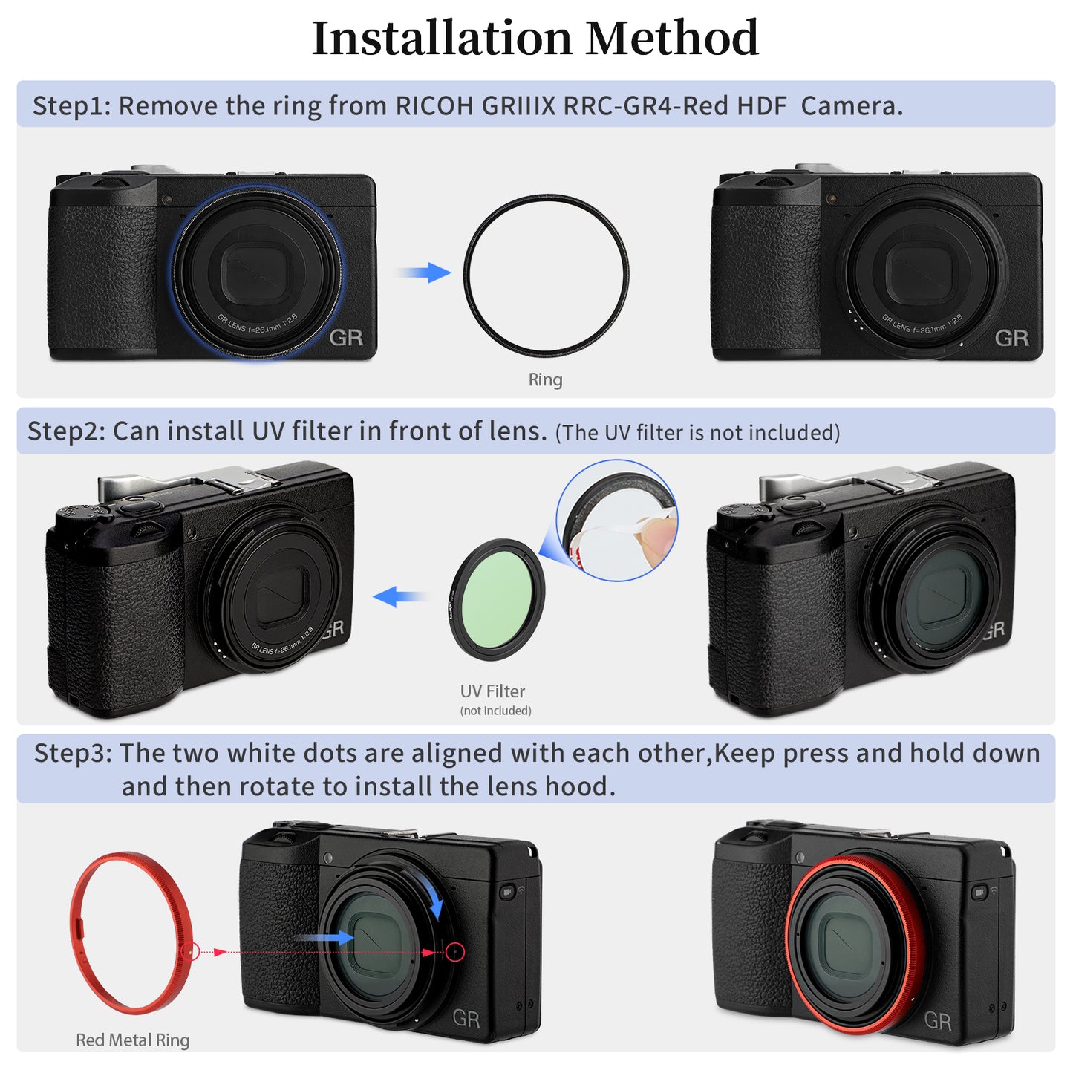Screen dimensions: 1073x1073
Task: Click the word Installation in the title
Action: point(443,39)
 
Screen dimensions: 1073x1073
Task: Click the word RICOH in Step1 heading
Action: point(434,106)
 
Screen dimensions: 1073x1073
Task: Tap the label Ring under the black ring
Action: point(545,379)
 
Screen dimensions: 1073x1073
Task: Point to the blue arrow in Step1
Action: point(425,273)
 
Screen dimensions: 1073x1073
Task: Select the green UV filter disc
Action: point(496,599)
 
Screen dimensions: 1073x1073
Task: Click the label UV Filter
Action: point(492,691)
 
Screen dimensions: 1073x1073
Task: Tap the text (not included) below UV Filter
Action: point(495,711)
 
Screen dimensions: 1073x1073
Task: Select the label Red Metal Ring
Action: point(133,1040)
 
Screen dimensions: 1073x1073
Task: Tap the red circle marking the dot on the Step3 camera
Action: point(455,952)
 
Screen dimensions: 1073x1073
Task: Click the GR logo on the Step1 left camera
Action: point(346,338)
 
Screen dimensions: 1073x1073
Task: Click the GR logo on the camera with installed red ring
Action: point(937,1021)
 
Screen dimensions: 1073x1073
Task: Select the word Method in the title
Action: point(671,39)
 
